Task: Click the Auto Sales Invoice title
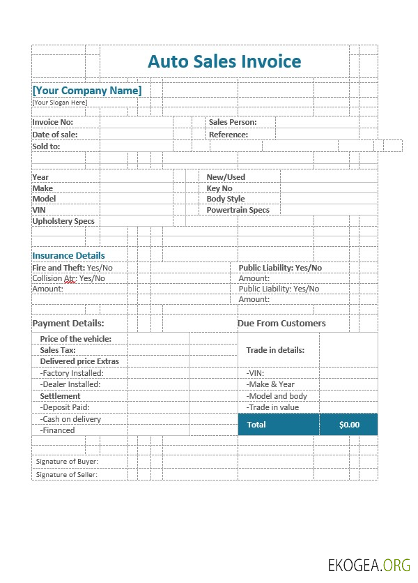(x=224, y=61)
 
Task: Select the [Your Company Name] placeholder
(x=87, y=91)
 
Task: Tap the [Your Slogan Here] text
(x=60, y=103)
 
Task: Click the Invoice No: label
(x=53, y=122)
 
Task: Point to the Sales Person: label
(x=232, y=122)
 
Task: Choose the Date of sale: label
(x=55, y=135)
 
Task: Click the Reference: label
(x=228, y=135)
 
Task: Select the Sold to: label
(x=46, y=146)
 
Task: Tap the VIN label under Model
(x=38, y=210)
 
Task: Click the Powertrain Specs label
(x=238, y=210)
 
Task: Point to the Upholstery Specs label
(x=63, y=221)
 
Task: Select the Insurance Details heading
(x=68, y=255)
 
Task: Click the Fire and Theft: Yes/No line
(x=72, y=268)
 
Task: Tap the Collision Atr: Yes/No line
(x=68, y=278)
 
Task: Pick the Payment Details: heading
(x=68, y=324)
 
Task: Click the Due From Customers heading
(x=281, y=324)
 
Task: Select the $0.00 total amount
(x=349, y=425)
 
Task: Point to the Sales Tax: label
(x=58, y=350)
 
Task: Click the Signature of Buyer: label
(x=67, y=462)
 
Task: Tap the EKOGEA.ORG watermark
(x=369, y=564)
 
